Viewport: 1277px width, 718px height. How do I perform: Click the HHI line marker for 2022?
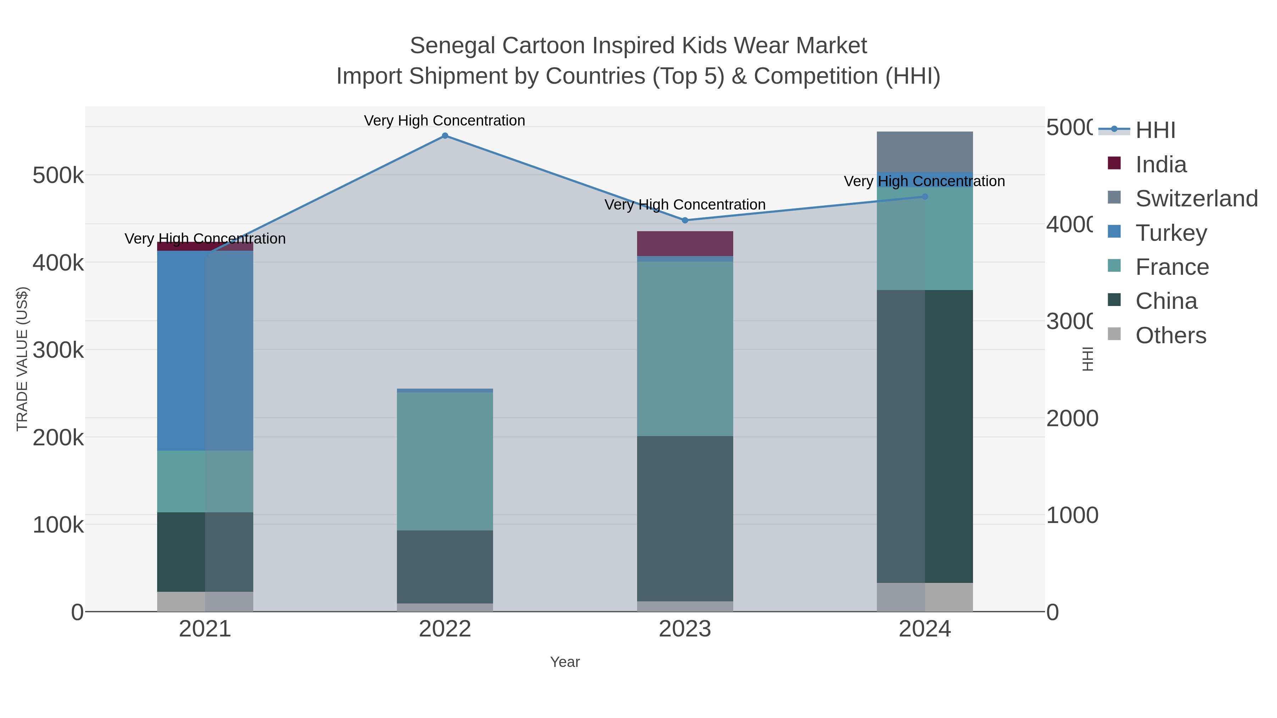click(445, 136)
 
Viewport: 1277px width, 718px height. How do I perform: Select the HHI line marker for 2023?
click(685, 220)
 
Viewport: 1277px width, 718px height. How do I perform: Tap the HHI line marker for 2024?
click(924, 197)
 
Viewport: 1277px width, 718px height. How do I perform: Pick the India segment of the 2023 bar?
click(685, 243)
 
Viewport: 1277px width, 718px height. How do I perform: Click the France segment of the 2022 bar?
click(445, 461)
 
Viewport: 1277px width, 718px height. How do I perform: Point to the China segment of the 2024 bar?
click(924, 436)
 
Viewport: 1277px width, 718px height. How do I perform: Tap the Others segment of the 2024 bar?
click(924, 597)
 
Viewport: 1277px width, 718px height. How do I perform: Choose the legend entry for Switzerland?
click(1196, 198)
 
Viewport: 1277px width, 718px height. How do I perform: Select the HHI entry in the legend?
click(1155, 130)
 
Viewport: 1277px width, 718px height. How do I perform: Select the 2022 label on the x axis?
click(445, 629)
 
